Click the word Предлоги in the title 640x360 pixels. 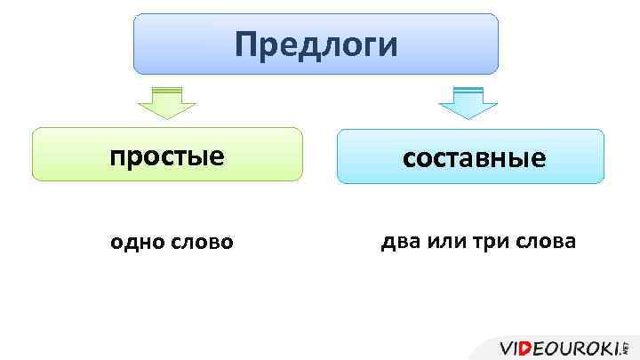[317, 44]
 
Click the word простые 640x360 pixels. [167, 156]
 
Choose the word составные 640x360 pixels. [473, 158]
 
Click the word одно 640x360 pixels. [135, 243]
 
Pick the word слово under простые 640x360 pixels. [201, 243]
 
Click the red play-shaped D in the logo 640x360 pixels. [531, 348]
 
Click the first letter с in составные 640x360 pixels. [409, 159]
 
